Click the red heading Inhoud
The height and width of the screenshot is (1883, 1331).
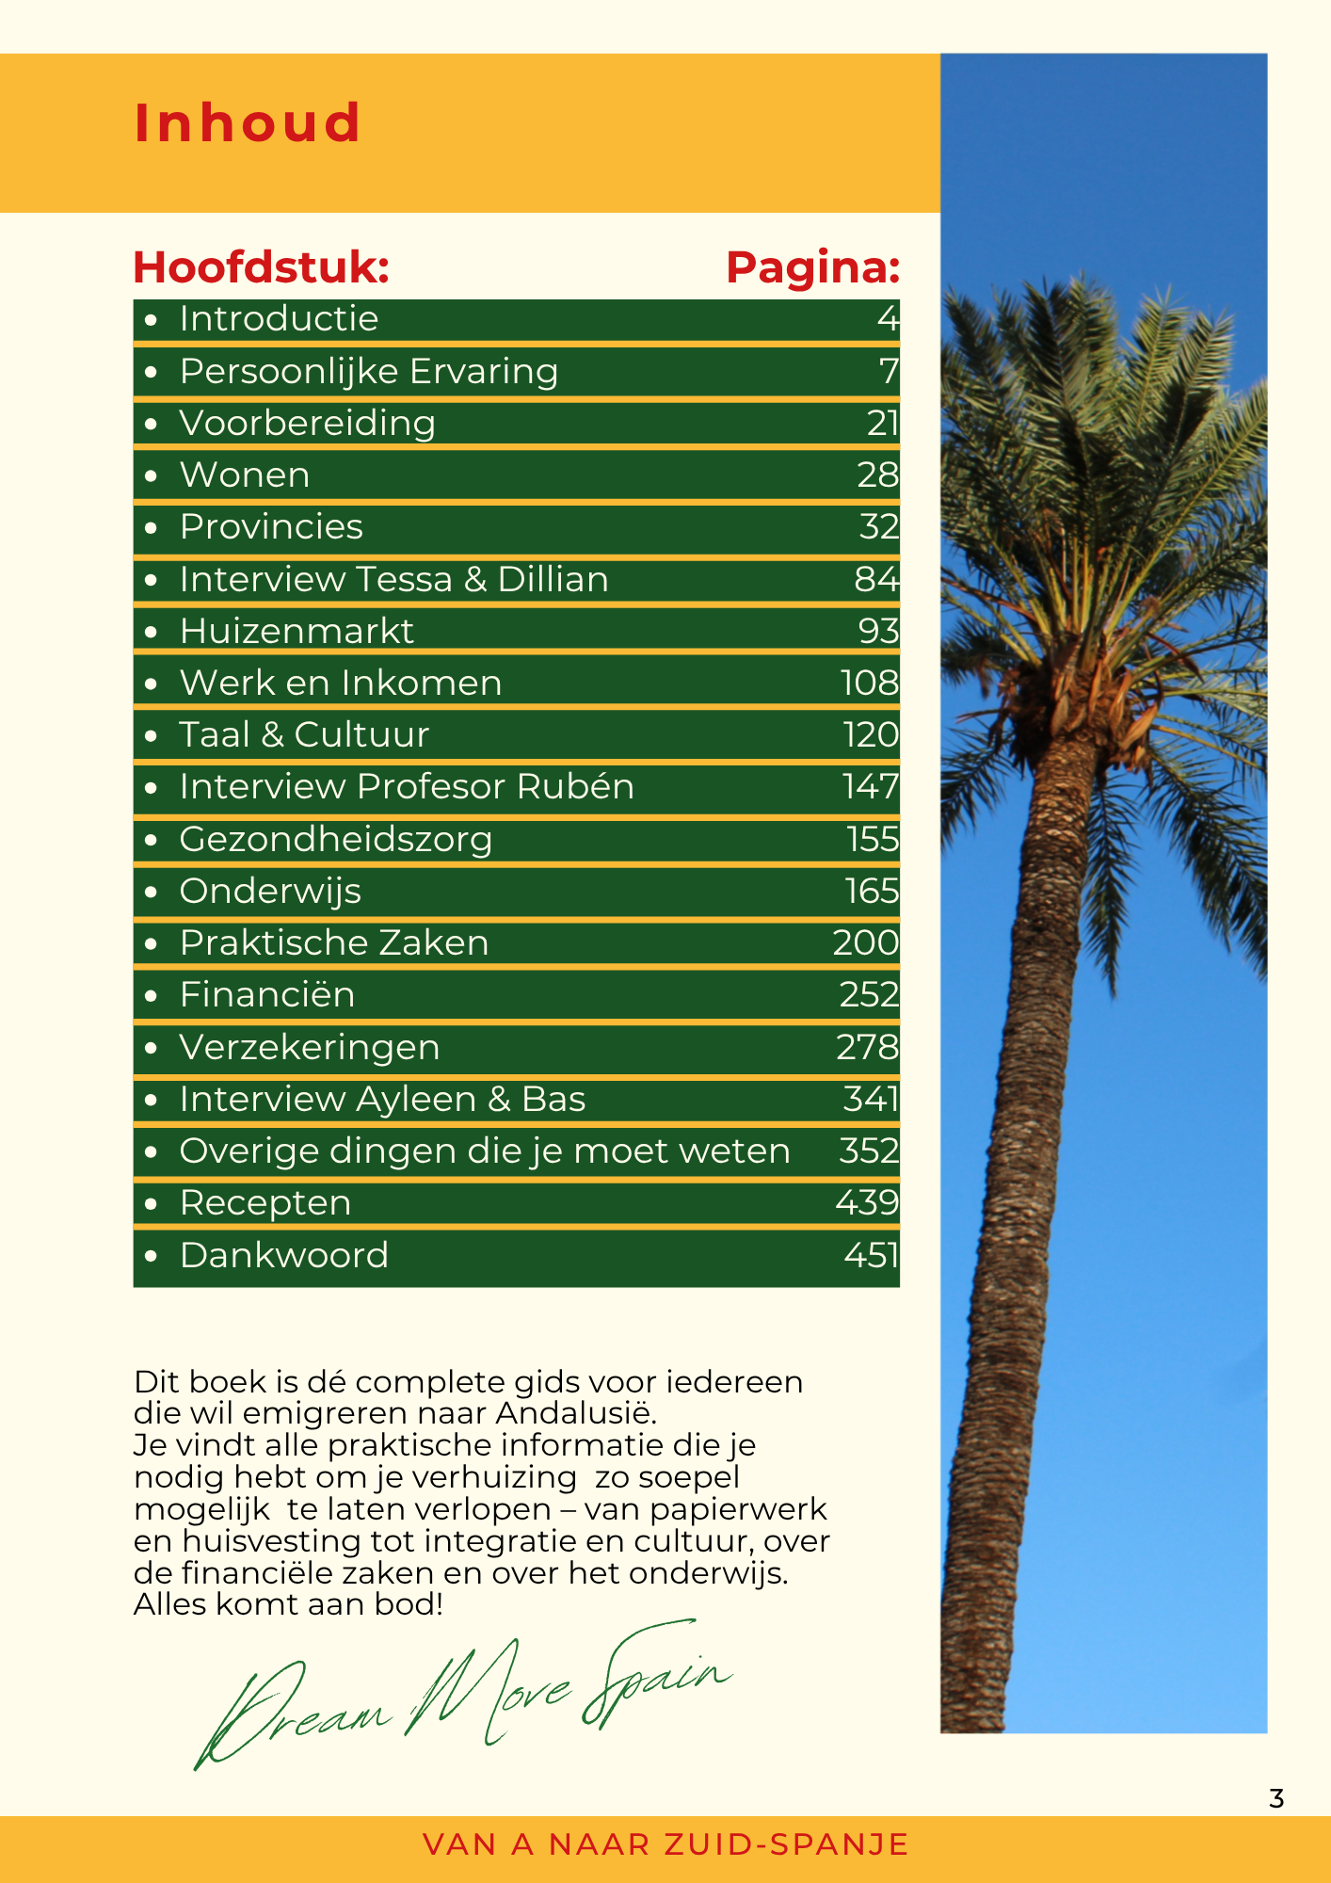click(x=248, y=122)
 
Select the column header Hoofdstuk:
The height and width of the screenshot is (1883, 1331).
click(x=261, y=267)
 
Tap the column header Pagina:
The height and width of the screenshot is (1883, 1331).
click(x=812, y=267)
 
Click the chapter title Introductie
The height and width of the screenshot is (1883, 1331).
click(x=279, y=319)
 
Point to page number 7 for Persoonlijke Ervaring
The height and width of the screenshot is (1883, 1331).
click(x=889, y=371)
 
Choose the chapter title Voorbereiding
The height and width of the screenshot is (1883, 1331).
click(x=307, y=424)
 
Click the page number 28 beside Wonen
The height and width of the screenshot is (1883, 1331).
click(x=877, y=475)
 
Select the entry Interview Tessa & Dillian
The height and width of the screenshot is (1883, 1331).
click(x=393, y=579)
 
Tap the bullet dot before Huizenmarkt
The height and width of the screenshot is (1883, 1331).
click(x=151, y=632)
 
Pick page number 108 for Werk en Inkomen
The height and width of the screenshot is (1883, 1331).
click(x=869, y=683)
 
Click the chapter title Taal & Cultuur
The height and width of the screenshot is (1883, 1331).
click(x=304, y=734)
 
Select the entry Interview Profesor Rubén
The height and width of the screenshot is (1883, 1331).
click(x=407, y=786)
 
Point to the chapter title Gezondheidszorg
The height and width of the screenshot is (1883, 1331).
click(x=335, y=839)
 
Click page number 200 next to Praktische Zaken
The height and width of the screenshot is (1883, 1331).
click(x=865, y=942)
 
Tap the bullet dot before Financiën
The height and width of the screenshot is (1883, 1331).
click(x=151, y=995)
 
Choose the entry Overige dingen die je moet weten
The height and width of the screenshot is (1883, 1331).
click(x=485, y=1151)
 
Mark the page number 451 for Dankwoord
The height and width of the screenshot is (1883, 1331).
click(x=871, y=1255)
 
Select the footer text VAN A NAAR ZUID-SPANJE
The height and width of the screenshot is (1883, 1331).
click(x=665, y=1844)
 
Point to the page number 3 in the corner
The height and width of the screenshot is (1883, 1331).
click(x=1276, y=1799)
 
